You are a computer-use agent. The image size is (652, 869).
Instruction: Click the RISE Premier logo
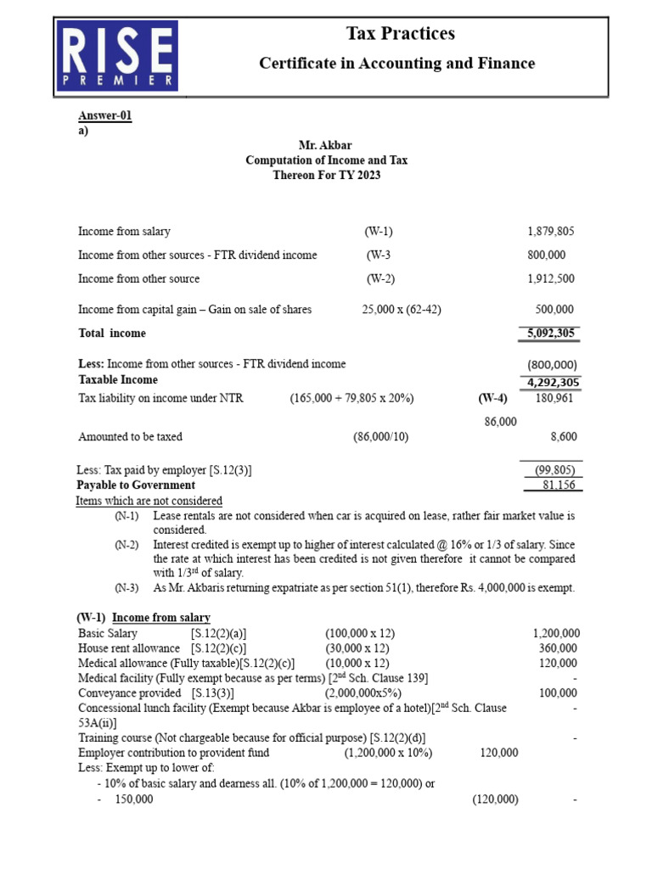pyautogui.click(x=116, y=56)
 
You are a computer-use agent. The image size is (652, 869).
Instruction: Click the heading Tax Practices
pyautogui.click(x=400, y=34)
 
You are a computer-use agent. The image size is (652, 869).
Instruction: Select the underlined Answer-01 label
pyautogui.click(x=105, y=117)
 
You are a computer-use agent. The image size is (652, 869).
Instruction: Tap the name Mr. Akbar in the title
pyautogui.click(x=326, y=145)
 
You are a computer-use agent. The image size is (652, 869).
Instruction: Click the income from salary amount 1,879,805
pyautogui.click(x=550, y=231)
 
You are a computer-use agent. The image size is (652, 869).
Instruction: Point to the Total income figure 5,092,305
pyautogui.click(x=549, y=334)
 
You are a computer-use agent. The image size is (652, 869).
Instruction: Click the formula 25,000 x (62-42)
pyautogui.click(x=402, y=310)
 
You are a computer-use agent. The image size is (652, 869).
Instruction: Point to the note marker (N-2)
pyautogui.click(x=126, y=544)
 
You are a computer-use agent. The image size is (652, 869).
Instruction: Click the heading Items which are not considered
pyautogui.click(x=149, y=501)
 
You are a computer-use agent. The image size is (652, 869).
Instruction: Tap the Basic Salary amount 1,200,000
pyautogui.click(x=556, y=633)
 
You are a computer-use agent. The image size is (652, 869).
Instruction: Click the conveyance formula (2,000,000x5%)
pyautogui.click(x=363, y=692)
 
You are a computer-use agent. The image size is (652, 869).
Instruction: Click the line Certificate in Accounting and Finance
pyautogui.click(x=396, y=64)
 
